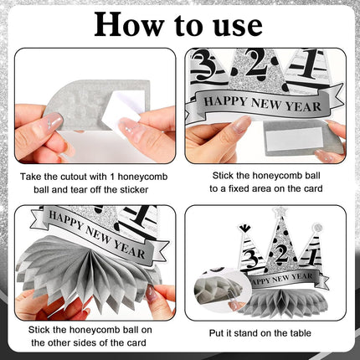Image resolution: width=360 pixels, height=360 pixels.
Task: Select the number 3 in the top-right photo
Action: click(203, 64)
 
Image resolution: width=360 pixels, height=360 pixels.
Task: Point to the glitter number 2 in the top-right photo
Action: click(256, 63)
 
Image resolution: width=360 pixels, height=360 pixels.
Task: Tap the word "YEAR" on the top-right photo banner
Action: click(303, 105)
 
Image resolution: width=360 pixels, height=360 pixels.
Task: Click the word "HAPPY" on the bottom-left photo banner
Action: click(65, 220)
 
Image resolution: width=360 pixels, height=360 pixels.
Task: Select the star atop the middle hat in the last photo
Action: click(278, 211)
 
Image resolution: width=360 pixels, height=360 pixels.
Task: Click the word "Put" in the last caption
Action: click(217, 333)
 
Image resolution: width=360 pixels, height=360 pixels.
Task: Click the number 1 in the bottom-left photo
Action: click(141, 215)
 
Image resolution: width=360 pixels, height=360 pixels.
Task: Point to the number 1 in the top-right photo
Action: click(311, 64)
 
